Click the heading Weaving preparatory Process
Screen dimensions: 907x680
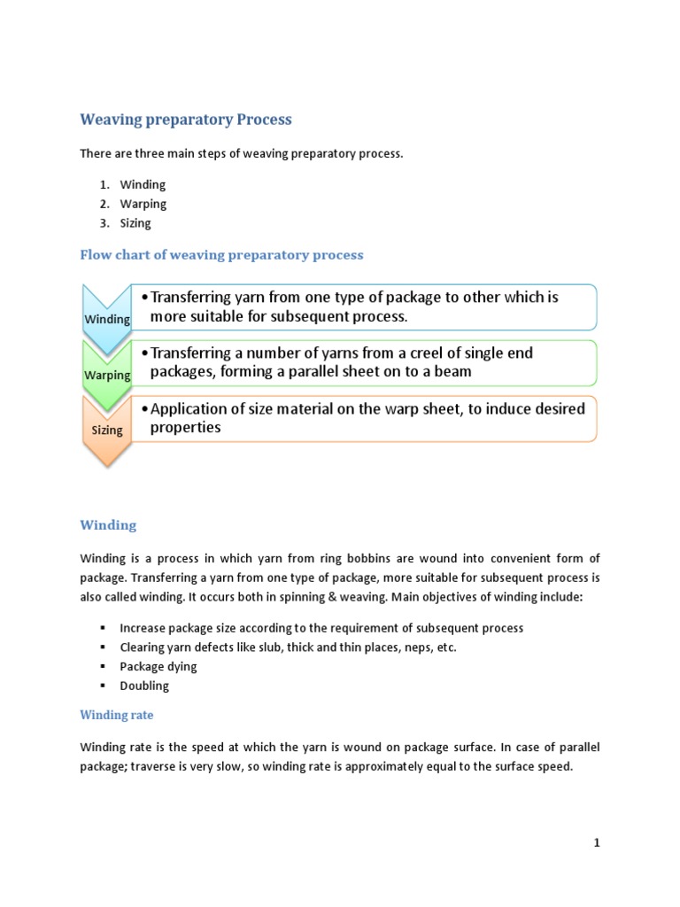[x=186, y=120]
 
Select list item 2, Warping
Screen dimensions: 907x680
[x=143, y=204]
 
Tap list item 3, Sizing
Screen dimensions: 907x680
[x=135, y=223]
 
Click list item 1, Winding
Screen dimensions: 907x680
[x=143, y=184]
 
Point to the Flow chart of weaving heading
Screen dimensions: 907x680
[x=221, y=255]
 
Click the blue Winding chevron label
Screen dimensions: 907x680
[x=107, y=319]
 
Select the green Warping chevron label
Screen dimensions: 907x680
[x=107, y=375]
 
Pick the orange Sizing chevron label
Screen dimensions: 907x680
[x=107, y=430]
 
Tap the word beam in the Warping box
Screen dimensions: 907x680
[x=453, y=372]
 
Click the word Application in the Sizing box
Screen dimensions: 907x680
[x=190, y=408]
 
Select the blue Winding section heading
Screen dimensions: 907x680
[x=108, y=525]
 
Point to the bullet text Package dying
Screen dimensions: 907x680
[x=158, y=666]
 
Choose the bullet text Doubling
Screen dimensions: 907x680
[x=144, y=686]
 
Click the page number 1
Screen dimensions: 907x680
[x=597, y=843]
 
